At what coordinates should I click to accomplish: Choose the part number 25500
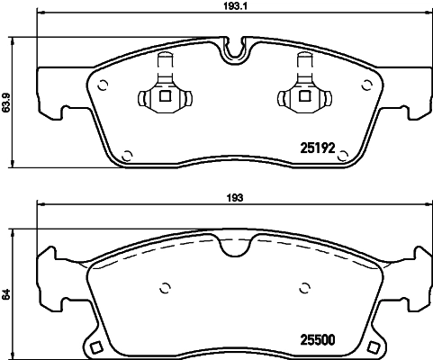[316, 339]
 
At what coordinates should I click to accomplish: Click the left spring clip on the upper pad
[163, 91]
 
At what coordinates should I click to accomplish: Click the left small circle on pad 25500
[164, 289]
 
